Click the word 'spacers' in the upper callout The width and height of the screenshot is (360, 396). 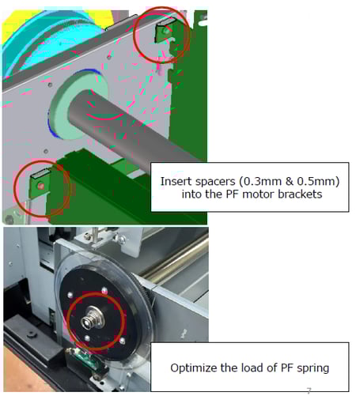216,181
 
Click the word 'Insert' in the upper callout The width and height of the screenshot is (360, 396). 177,181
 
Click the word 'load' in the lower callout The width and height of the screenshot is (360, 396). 250,368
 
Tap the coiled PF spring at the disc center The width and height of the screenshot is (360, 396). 89,320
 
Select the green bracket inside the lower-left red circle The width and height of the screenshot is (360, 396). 40,184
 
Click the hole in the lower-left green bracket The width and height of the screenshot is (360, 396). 40,186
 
